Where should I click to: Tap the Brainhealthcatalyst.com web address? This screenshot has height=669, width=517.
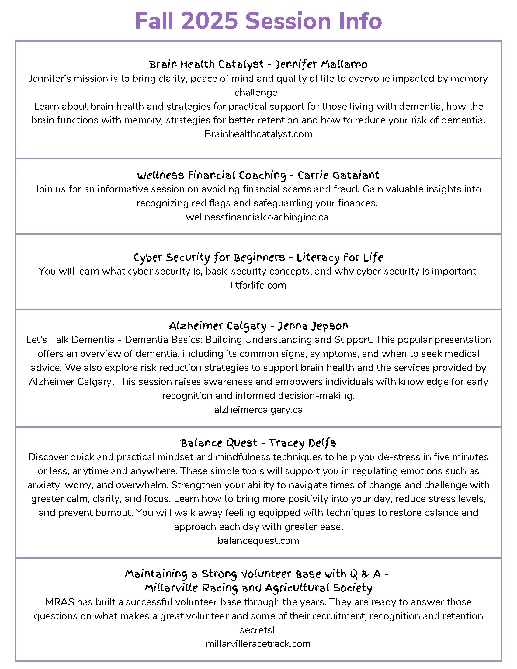coord(258,134)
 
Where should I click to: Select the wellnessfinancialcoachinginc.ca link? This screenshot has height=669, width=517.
coord(257,217)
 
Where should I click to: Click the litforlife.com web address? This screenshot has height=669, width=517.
coord(258,285)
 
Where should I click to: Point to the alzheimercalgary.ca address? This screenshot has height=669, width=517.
coord(258,410)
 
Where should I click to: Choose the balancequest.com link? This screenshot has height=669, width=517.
coord(258,541)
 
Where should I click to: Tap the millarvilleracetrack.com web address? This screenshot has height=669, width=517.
coord(258,643)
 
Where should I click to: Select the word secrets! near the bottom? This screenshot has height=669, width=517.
coord(257,630)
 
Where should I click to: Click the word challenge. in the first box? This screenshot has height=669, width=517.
coord(257,92)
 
